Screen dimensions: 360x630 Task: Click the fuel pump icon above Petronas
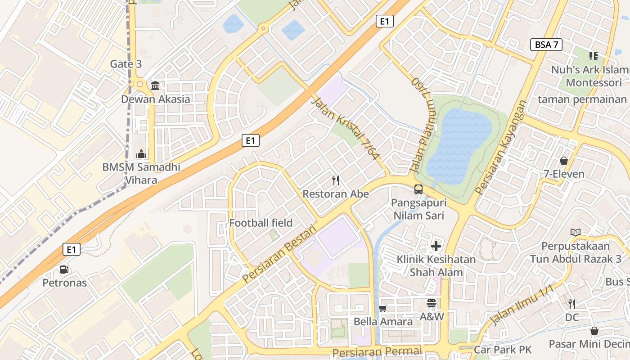[64, 270]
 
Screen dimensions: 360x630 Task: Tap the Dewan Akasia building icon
[155, 85]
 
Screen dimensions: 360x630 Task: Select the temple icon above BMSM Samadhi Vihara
[141, 154]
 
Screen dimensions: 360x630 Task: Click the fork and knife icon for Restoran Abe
[335, 180]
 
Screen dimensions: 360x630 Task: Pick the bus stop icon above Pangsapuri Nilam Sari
[418, 189]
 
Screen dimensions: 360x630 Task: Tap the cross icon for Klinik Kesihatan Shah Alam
[436, 246]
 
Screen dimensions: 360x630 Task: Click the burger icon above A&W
[432, 303]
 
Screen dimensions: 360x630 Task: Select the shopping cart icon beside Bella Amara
[383, 308]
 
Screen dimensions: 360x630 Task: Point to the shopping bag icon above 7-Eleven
[563, 161]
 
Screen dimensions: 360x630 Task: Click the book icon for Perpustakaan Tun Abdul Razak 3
[575, 233]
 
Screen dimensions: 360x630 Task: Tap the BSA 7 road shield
[546, 45]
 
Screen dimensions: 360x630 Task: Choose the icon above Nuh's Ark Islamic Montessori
[594, 56]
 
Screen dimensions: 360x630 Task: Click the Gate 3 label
[126, 64]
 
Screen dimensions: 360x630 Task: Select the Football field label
[261, 223]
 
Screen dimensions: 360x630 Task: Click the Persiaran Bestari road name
[279, 255]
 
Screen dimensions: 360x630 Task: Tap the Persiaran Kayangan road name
[500, 148]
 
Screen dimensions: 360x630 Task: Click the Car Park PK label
[503, 350]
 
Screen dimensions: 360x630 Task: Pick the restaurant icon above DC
[571, 304]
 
